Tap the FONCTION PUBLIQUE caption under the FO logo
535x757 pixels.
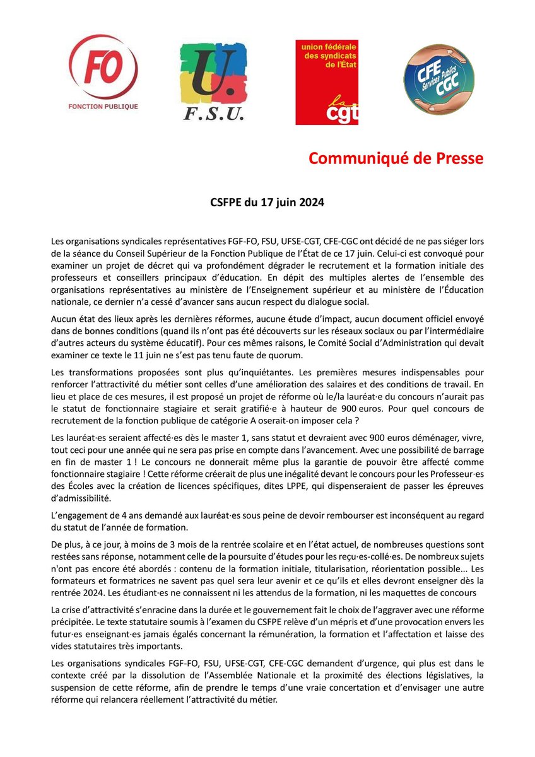103,105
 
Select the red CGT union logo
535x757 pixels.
327,82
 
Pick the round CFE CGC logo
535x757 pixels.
439,79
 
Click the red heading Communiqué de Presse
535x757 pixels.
396,158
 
